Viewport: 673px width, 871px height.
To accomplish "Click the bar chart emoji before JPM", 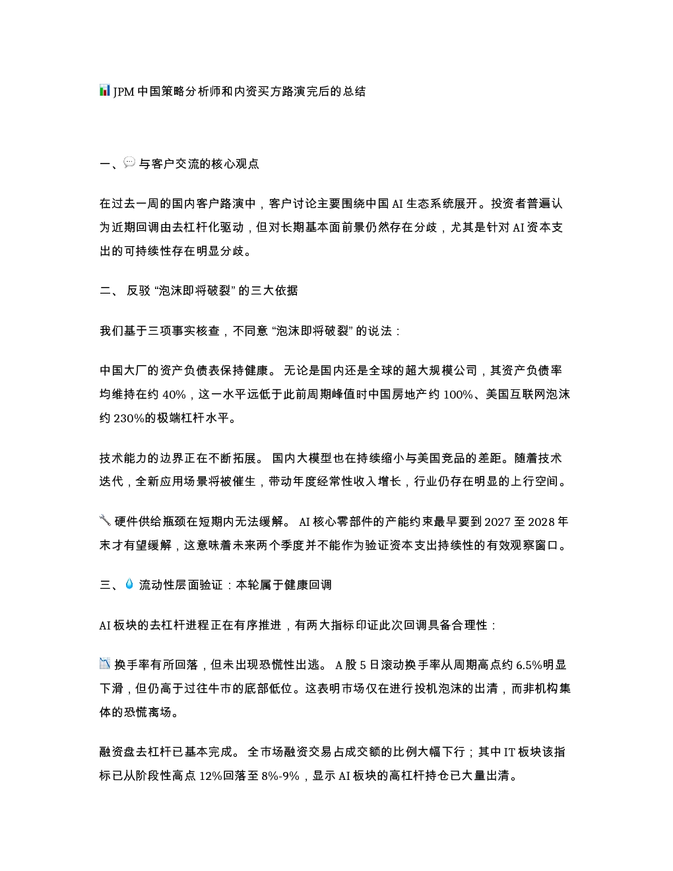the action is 105,90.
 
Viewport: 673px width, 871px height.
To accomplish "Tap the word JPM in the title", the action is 124,92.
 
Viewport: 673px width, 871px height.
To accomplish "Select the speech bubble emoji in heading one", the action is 129,162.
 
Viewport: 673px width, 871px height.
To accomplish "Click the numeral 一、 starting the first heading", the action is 109,164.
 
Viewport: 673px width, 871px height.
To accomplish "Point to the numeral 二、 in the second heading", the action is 109,290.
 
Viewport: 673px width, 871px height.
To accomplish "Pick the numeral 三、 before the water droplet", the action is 109,585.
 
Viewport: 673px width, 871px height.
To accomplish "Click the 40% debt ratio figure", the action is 174,395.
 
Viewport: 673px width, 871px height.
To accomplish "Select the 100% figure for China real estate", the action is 458,395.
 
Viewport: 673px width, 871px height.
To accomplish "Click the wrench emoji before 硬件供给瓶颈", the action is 105,520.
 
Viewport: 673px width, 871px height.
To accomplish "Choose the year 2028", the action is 542,522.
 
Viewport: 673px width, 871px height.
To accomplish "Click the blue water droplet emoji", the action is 129,583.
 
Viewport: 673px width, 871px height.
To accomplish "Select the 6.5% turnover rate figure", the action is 529,665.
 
